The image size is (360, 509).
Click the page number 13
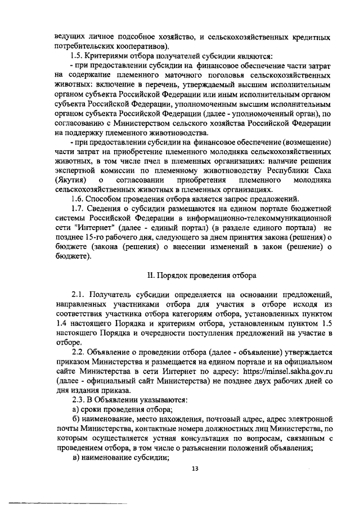click(196, 468)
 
